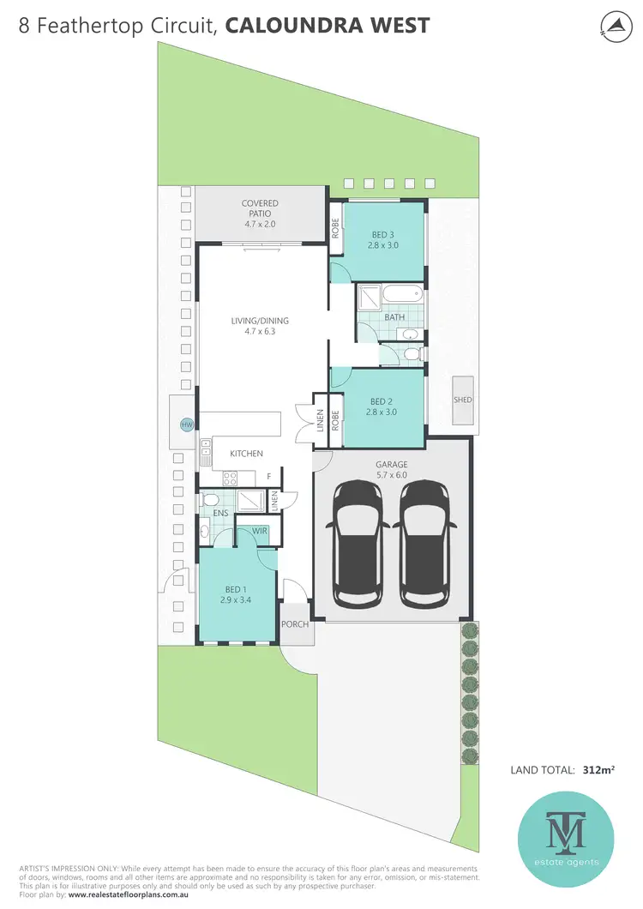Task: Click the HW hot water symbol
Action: (186, 424)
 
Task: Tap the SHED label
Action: (463, 400)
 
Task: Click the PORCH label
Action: (295, 624)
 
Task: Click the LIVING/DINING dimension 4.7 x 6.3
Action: (260, 331)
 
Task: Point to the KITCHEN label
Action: (246, 454)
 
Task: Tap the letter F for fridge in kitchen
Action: (268, 475)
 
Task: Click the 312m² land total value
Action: (598, 770)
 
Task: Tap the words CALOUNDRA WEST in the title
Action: (327, 26)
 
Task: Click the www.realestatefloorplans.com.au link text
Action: (140, 895)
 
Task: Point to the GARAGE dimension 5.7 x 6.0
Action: (391, 475)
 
